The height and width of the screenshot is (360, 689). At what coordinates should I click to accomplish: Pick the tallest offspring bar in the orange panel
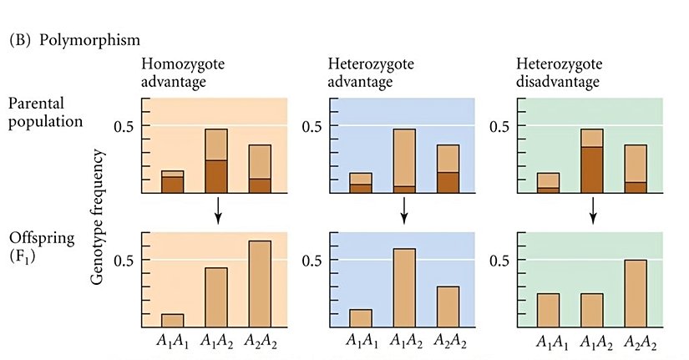259,284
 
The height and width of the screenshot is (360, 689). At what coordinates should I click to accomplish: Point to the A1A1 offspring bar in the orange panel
173,321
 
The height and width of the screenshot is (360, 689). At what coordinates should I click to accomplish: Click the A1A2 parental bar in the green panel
592,161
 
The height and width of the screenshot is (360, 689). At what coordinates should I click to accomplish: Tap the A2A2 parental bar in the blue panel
448,169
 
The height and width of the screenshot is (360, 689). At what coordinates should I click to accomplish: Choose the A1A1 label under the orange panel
173,342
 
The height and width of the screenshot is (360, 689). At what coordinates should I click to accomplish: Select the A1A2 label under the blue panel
404,342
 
